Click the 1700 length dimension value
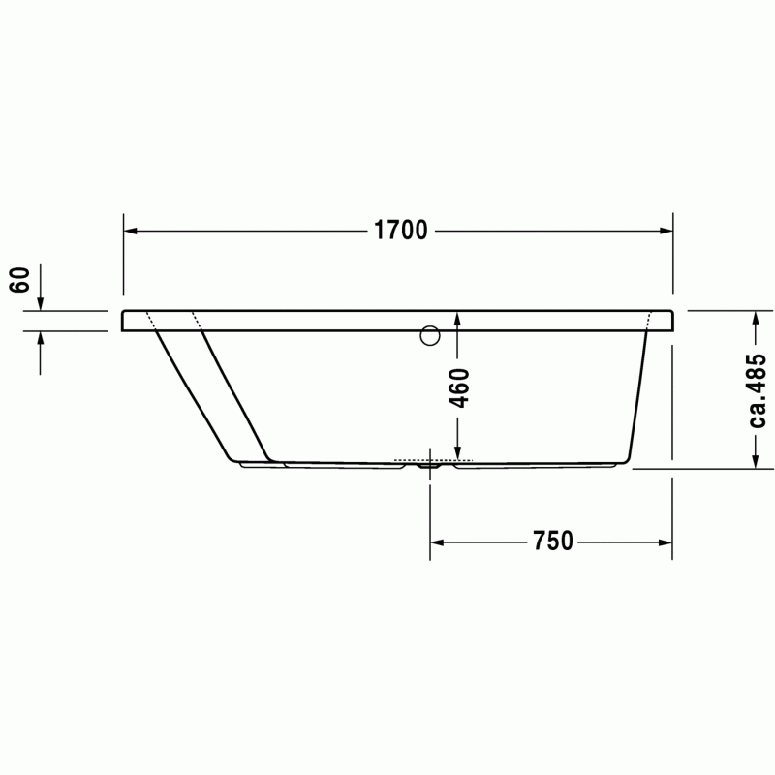coord(400,231)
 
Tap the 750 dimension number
coord(552,542)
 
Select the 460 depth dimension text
coord(458,388)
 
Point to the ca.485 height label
coord(757,390)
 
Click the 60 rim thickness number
coord(19,280)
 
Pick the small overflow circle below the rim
coord(430,335)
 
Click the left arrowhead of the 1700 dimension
coord(131,231)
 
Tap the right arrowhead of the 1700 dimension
coord(666,231)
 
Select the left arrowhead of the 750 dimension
coord(437,542)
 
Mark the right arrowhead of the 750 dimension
coord(666,542)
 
